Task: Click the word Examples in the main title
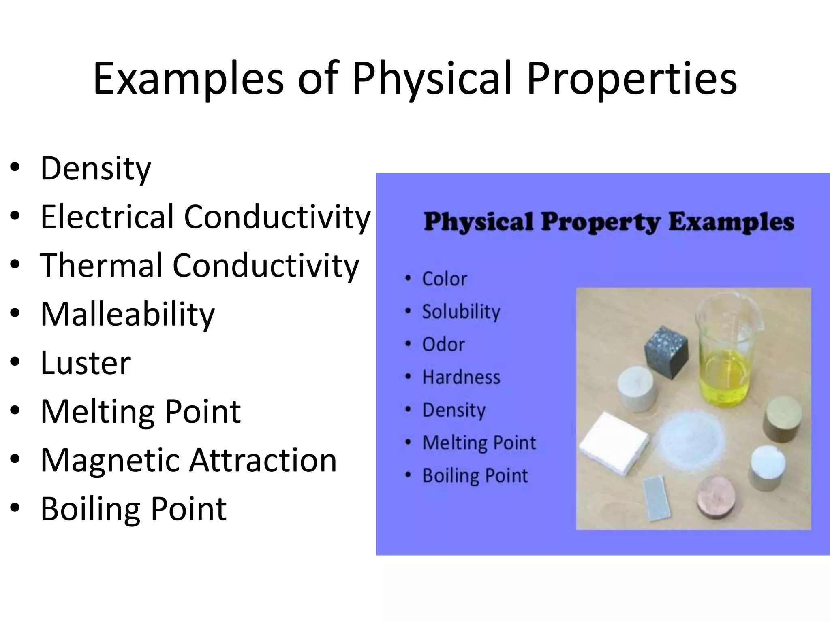pyautogui.click(x=188, y=79)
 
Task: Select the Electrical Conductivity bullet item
pyautogui.click(x=205, y=217)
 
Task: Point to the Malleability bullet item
pyautogui.click(x=127, y=314)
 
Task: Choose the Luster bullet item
pyautogui.click(x=86, y=363)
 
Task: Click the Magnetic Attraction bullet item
pyautogui.click(x=188, y=460)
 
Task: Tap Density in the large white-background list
pyautogui.click(x=96, y=168)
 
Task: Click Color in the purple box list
pyautogui.click(x=445, y=279)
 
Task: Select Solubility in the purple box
pyautogui.click(x=461, y=312)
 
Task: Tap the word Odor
pyautogui.click(x=443, y=345)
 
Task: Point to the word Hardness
pyautogui.click(x=461, y=377)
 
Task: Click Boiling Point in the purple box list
pyautogui.click(x=475, y=476)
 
